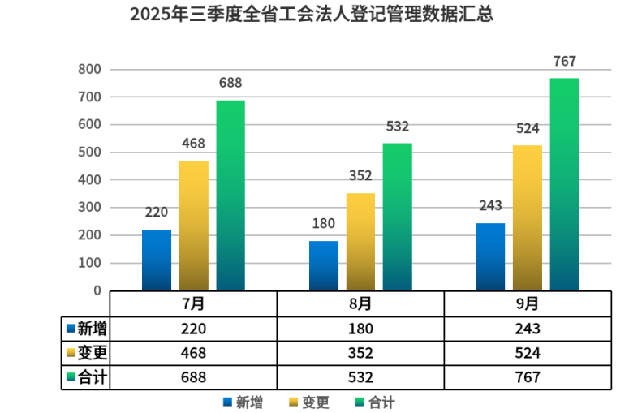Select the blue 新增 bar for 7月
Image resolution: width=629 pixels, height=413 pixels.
(x=157, y=260)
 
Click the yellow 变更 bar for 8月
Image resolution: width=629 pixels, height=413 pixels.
(x=360, y=241)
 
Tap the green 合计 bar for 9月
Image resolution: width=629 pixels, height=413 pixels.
(x=564, y=184)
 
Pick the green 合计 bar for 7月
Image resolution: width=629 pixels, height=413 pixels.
(x=230, y=195)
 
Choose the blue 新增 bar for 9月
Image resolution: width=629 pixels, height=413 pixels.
(x=490, y=256)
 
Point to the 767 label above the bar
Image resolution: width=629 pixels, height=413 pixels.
(x=564, y=62)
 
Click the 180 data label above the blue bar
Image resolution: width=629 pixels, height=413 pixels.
(x=324, y=224)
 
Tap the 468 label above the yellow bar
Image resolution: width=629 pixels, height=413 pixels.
(x=193, y=144)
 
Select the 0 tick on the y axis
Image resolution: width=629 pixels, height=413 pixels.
(x=97, y=290)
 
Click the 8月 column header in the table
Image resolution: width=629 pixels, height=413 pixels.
(x=360, y=304)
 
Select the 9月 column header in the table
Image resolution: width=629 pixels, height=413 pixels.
(x=528, y=304)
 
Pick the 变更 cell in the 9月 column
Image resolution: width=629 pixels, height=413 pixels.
(x=528, y=353)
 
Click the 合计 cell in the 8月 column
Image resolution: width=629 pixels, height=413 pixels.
(x=360, y=377)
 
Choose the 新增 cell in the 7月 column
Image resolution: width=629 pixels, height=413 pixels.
(x=193, y=329)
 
